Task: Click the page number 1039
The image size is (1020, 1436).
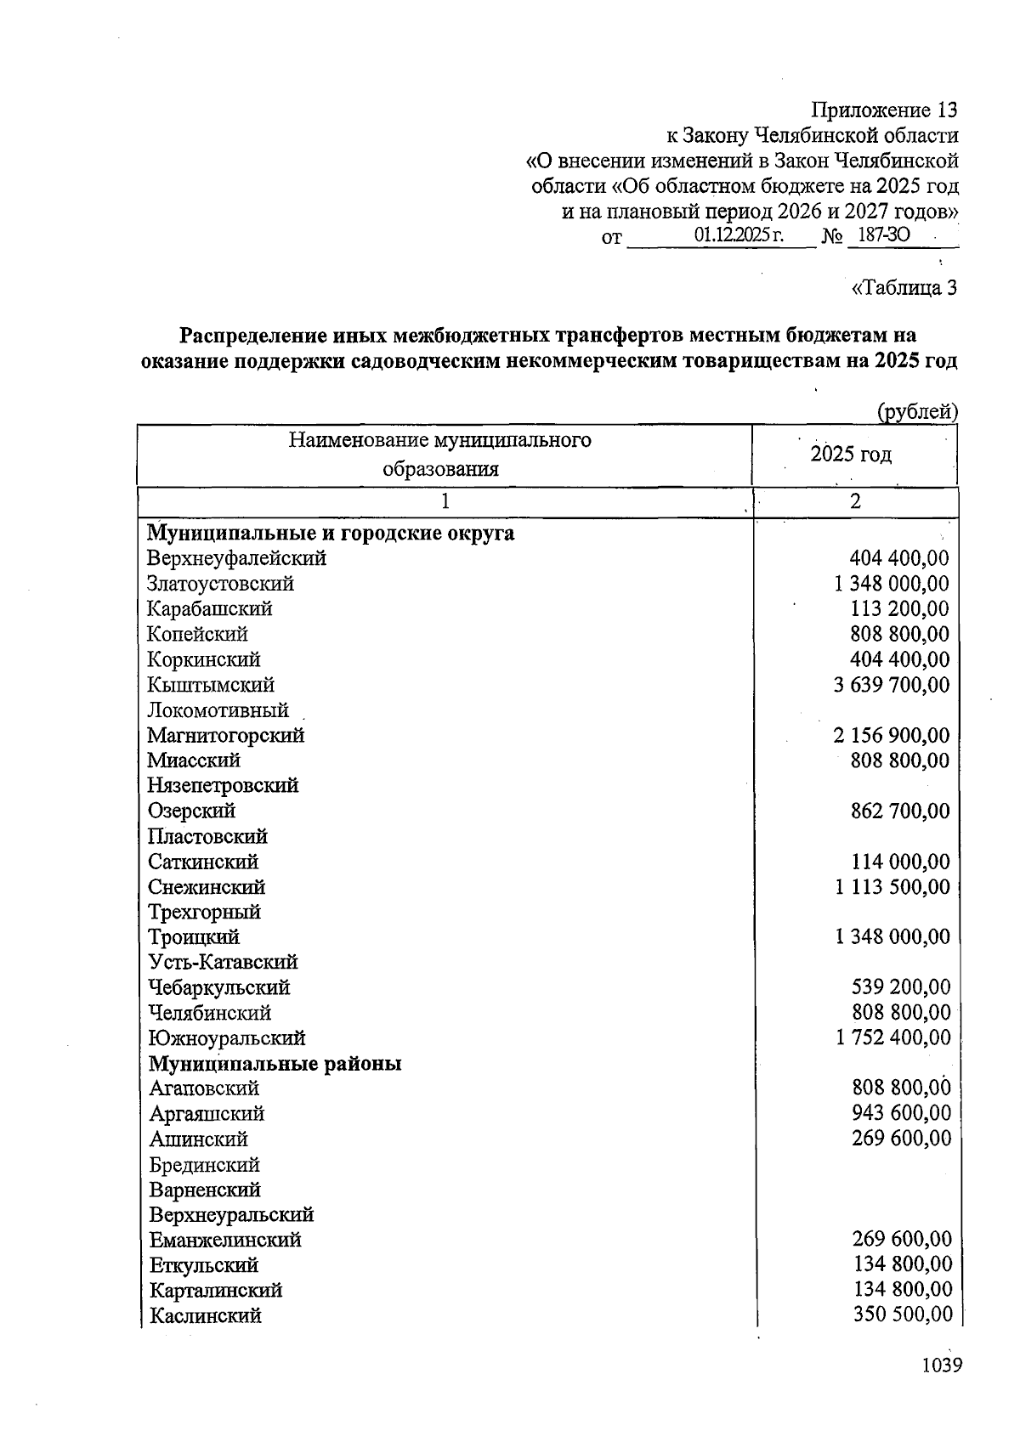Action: (x=941, y=1365)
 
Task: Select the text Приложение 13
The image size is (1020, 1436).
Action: (x=884, y=110)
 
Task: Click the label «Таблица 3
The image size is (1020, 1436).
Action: (x=904, y=288)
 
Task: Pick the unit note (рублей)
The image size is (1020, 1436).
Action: (x=917, y=412)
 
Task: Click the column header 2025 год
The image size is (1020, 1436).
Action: (x=851, y=455)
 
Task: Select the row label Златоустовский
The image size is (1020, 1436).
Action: (x=220, y=584)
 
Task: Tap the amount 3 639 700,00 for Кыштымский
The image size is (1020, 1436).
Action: (x=892, y=685)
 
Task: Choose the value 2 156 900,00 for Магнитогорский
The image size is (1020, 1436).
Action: (x=892, y=735)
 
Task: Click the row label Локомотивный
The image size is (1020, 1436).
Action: (x=218, y=710)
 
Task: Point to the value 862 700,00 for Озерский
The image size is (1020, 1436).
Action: (x=900, y=811)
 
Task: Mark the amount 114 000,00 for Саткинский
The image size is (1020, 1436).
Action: (x=900, y=862)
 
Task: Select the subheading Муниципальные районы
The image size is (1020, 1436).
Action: (x=275, y=1064)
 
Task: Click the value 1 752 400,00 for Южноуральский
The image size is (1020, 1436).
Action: (x=893, y=1037)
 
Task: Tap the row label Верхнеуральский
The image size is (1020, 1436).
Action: (x=231, y=1215)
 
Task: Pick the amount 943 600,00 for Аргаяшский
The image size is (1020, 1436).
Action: (x=902, y=1113)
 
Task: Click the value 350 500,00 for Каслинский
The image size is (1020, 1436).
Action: (x=902, y=1315)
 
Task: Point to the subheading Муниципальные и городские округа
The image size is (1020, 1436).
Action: (x=331, y=534)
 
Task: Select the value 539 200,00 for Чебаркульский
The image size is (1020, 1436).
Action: (x=901, y=987)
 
